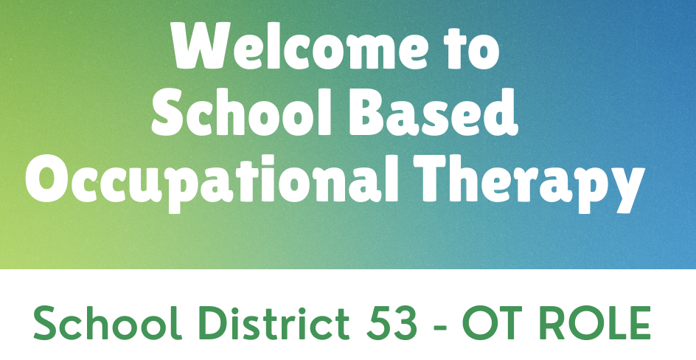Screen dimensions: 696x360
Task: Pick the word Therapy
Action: (x=529, y=182)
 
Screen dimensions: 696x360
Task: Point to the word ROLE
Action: (x=596, y=322)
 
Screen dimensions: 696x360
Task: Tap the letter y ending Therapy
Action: (x=624, y=190)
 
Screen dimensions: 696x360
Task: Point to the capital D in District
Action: (x=209, y=322)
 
